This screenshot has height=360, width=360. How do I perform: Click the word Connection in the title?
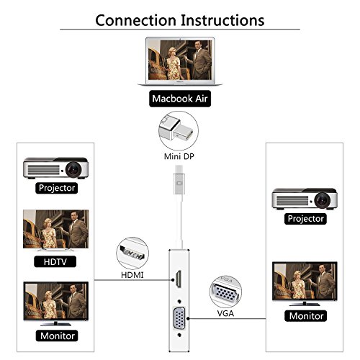[x=135, y=20]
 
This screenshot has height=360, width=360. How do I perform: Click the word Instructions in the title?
[x=222, y=20]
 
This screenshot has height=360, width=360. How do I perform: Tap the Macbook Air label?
[x=180, y=99]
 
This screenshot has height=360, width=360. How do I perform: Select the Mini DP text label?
[x=179, y=156]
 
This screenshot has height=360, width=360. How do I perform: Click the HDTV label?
[x=55, y=261]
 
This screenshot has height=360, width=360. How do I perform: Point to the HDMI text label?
[x=132, y=275]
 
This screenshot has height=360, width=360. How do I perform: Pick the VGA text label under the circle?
[x=225, y=313]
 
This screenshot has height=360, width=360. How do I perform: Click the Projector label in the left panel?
[x=57, y=188]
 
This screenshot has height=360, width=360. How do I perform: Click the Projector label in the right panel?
[x=305, y=219]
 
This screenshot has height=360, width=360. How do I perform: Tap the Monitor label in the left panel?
[x=57, y=336]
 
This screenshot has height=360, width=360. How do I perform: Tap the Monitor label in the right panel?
[x=306, y=316]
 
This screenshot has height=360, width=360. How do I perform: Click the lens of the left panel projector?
[x=73, y=169]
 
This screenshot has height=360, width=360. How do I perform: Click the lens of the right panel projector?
[x=322, y=200]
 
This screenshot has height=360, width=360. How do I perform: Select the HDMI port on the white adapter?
[x=179, y=279]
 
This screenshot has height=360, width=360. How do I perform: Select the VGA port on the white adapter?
[x=179, y=318]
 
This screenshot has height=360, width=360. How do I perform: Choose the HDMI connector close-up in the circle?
[x=132, y=253]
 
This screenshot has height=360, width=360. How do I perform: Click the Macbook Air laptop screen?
[x=180, y=60]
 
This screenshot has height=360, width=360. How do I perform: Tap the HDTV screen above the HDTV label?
[x=55, y=229]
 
